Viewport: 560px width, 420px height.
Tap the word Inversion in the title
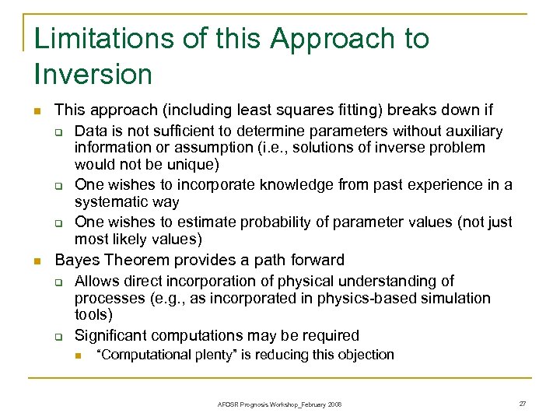click(93, 75)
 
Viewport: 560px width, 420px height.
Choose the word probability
click(278, 222)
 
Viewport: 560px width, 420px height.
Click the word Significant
click(113, 335)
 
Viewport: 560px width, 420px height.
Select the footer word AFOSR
click(227, 404)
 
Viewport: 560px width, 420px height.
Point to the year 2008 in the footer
click(334, 404)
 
